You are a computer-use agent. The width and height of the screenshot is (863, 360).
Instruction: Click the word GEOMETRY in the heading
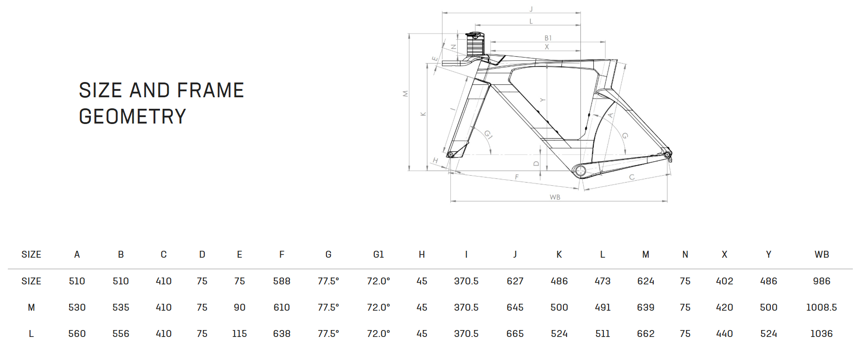pos(132,117)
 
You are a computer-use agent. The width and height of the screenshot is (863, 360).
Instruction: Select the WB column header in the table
pos(822,254)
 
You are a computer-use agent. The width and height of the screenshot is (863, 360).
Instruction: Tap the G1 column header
pos(378,254)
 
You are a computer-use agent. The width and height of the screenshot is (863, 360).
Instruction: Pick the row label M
pos(31,307)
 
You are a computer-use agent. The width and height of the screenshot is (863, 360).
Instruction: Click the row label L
pos(31,334)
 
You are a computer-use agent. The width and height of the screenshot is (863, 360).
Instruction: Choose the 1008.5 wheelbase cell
pos(821,307)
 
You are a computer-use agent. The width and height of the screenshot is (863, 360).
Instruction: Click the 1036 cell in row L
pos(821,334)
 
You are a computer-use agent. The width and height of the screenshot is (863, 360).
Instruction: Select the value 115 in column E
pos(239,334)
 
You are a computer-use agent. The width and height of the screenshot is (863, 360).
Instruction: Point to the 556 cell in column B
pos(121,334)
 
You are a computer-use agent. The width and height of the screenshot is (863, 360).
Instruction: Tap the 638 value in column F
pos(282,334)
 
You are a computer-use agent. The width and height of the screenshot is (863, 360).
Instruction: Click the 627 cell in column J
pos(515,281)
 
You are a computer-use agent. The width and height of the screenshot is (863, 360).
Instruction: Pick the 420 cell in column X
pos(724,307)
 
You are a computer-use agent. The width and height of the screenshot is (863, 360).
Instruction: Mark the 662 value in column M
pos(645,334)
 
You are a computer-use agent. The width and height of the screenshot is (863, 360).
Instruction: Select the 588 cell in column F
pos(282,281)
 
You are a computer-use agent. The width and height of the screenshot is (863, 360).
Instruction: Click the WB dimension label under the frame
pos(555,197)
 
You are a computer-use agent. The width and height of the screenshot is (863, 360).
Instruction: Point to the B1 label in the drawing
pos(548,38)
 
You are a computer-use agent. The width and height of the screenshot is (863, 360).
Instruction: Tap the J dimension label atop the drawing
pos(531,9)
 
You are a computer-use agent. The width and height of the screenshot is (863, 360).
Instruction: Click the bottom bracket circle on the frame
pos(580,171)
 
